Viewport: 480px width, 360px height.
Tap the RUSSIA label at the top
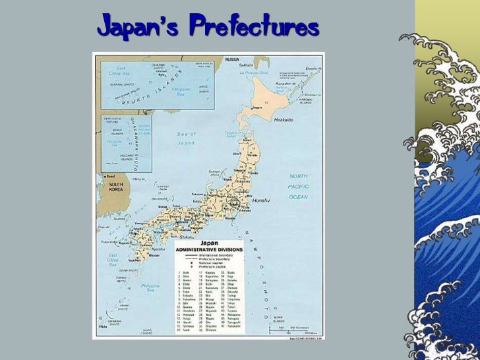click(232, 59)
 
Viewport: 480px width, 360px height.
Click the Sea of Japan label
click(187, 138)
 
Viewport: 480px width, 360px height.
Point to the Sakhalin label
click(245, 65)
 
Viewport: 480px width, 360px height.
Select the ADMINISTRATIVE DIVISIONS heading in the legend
click(208, 250)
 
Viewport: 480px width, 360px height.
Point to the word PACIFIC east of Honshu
click(298, 187)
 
